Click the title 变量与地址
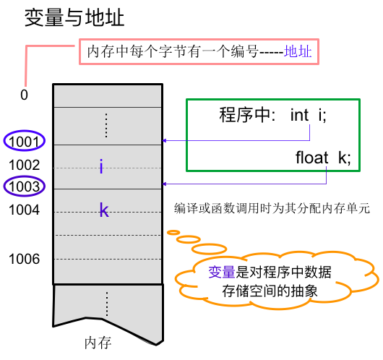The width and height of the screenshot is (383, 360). [x=74, y=17]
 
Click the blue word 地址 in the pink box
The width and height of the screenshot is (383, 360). [x=298, y=51]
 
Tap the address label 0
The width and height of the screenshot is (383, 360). [x=24, y=95]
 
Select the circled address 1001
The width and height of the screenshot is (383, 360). [x=24, y=141]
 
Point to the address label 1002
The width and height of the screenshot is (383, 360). [x=24, y=165]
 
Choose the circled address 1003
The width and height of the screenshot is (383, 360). [x=24, y=186]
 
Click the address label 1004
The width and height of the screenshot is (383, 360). [x=24, y=210]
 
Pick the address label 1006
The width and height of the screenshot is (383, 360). [x=24, y=259]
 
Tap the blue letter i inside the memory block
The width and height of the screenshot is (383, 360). [x=101, y=166]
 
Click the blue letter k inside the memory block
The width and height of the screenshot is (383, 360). [x=104, y=210]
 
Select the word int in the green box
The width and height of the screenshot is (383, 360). [x=299, y=115]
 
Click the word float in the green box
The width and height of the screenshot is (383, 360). [x=312, y=158]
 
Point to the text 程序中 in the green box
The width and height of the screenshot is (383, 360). [x=246, y=115]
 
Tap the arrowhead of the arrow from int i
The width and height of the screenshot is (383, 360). [x=164, y=140]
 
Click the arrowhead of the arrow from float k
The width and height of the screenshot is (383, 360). [x=164, y=184]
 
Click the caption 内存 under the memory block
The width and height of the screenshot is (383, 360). [x=98, y=343]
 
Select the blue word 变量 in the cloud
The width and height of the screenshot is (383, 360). [x=222, y=272]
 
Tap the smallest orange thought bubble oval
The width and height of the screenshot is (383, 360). [x=173, y=233]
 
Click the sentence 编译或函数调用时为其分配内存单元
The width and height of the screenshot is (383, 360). [x=272, y=208]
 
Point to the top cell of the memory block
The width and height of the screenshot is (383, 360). [x=108, y=96]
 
